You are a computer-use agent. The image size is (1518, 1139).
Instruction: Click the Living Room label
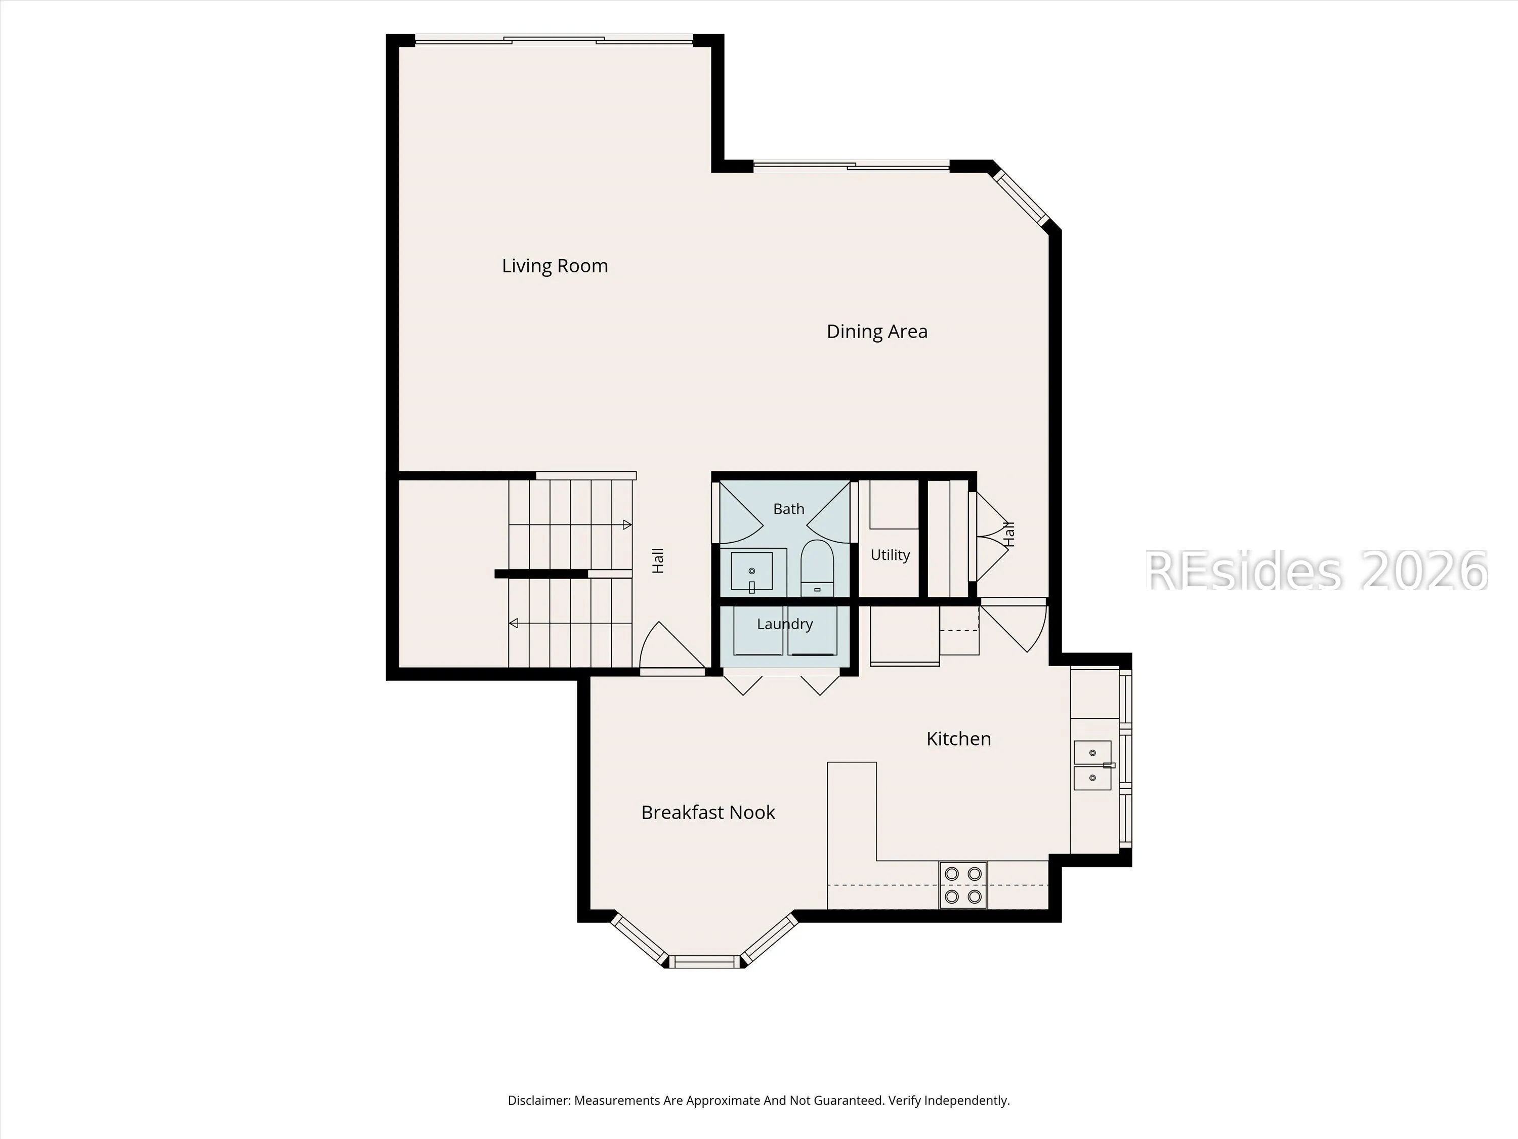(x=555, y=266)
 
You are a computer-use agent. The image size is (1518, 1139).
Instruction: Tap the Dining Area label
(x=876, y=332)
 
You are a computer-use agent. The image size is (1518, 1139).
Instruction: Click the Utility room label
(x=890, y=555)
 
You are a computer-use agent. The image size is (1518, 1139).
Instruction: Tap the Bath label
(x=788, y=509)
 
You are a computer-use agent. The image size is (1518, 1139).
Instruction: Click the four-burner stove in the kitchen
(x=963, y=885)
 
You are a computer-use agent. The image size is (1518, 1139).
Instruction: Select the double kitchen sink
(x=1092, y=765)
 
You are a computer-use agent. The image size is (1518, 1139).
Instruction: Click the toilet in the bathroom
(x=817, y=568)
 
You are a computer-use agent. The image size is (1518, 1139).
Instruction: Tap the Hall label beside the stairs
(x=657, y=560)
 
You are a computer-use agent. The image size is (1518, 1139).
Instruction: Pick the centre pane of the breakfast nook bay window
(x=705, y=962)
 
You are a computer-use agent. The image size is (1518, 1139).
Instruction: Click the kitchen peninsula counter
(x=852, y=835)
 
